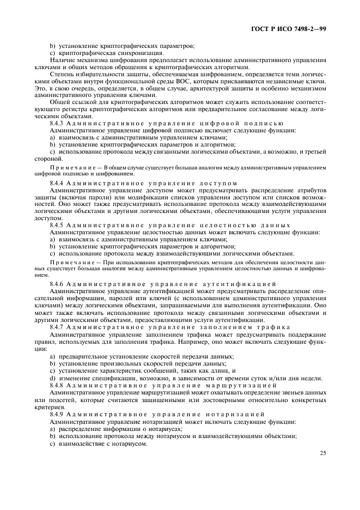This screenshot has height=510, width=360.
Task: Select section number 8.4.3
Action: (x=58, y=123)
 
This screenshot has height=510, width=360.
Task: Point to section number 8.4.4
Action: (x=58, y=183)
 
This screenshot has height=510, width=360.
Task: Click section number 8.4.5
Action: (x=58, y=225)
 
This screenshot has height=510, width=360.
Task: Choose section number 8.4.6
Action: (x=58, y=284)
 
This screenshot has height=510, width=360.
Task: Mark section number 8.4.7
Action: (x=58, y=326)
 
